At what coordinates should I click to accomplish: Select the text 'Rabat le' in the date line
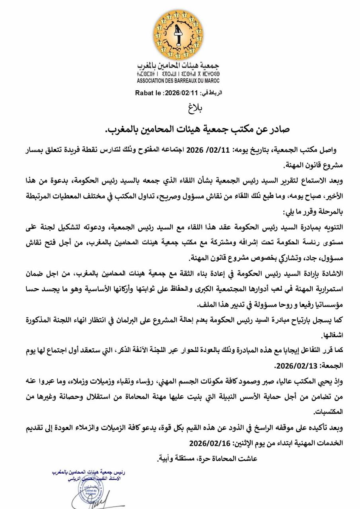click(148, 93)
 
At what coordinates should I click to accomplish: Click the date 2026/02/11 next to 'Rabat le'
click(181, 93)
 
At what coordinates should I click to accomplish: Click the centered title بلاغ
click(195, 108)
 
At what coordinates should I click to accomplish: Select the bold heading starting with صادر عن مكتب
click(197, 129)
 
